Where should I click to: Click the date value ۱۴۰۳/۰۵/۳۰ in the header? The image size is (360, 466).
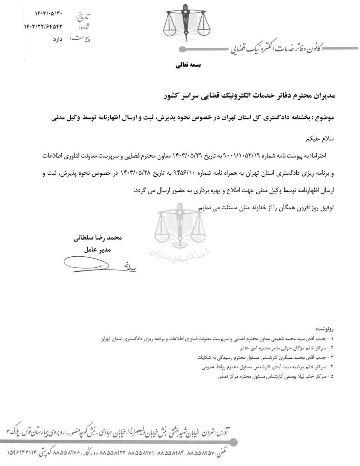pos(50,14)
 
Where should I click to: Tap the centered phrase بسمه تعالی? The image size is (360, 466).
pos(188,66)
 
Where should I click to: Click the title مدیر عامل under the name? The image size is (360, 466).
pos(97,250)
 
